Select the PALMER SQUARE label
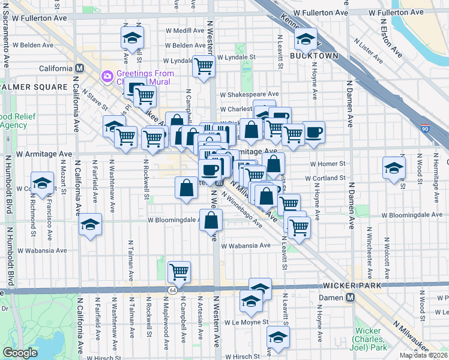[33, 87]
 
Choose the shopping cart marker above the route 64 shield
[179, 271]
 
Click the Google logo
[20, 353]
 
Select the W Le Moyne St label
[244, 322]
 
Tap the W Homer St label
[328, 163]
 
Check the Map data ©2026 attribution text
[424, 355]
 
